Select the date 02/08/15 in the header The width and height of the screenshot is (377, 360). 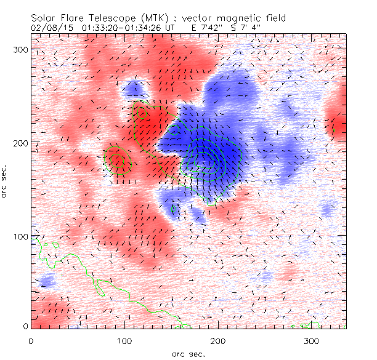click(49, 28)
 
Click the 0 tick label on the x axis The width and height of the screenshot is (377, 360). click(30, 340)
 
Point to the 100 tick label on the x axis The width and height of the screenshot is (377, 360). click(123, 340)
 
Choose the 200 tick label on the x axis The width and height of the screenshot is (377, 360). click(217, 340)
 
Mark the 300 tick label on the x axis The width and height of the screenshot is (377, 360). click(311, 340)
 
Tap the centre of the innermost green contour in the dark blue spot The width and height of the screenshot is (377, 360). click(209, 158)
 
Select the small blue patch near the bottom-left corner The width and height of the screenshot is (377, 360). click(46, 282)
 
